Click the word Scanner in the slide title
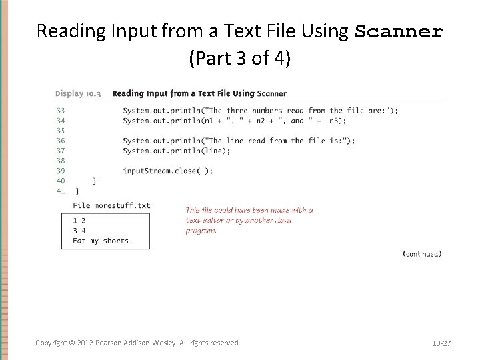tap(399, 31)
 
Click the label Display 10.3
tap(78, 93)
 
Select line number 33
tap(61, 111)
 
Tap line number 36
tap(61, 141)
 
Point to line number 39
tap(61, 171)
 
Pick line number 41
tap(61, 191)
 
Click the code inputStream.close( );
tap(168, 171)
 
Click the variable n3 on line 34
tap(337, 121)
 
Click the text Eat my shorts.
tap(103, 241)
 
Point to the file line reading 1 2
tap(79, 221)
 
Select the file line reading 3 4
tap(79, 231)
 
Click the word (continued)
tap(422, 253)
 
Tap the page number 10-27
tap(441, 343)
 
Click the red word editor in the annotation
tap(215, 220)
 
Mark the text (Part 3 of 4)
tap(240, 59)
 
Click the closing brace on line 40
tap(95, 181)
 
